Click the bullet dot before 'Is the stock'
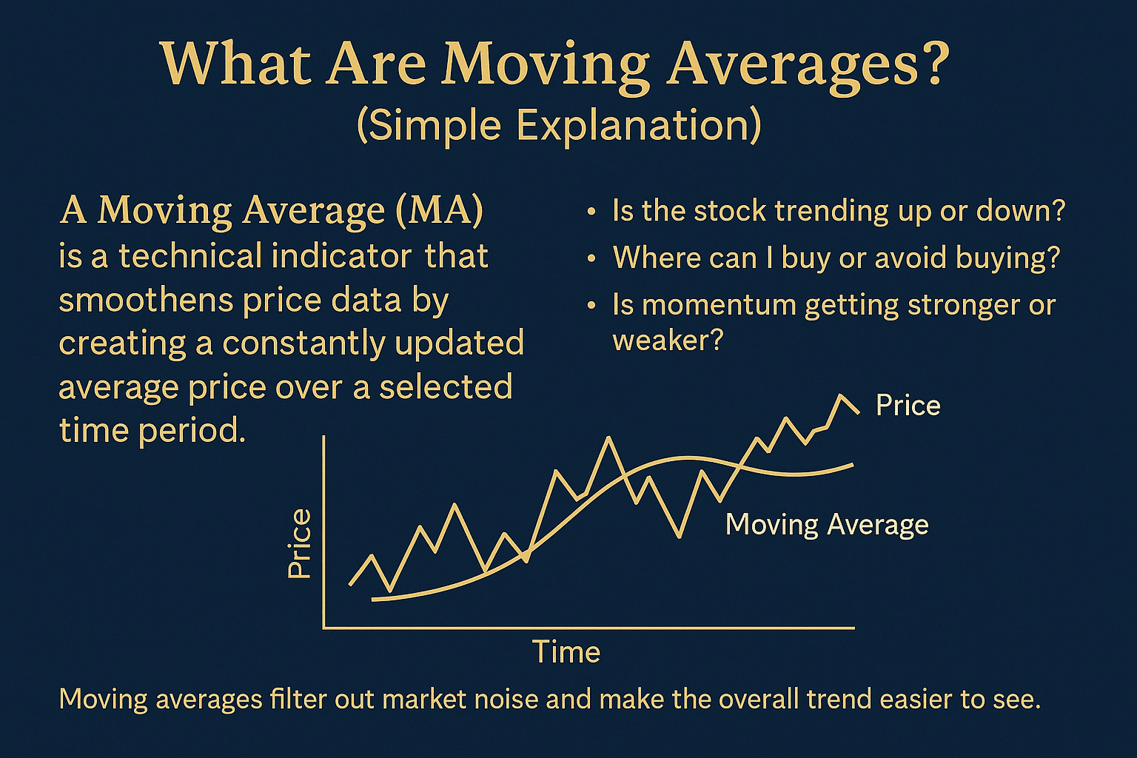(x=591, y=212)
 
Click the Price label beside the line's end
(x=908, y=406)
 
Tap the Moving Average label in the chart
(x=827, y=525)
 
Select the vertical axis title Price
(x=300, y=543)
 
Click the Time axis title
(x=566, y=652)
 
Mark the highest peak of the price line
(x=841, y=395)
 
